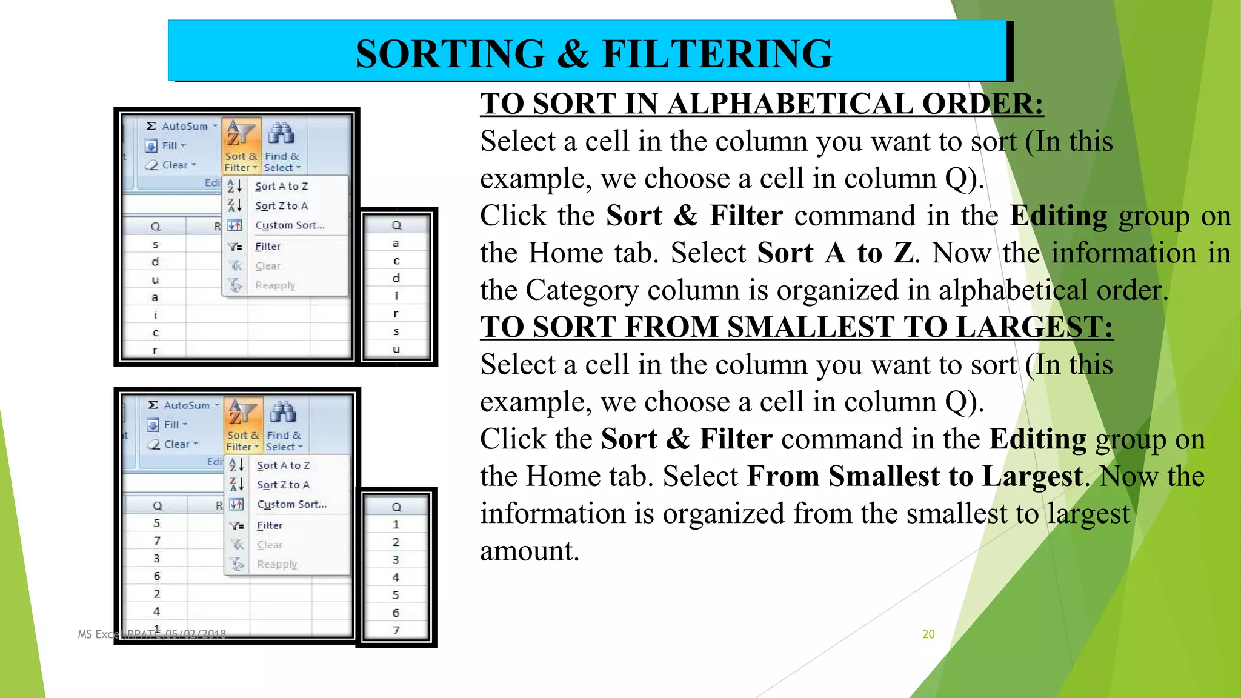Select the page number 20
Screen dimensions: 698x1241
(928, 634)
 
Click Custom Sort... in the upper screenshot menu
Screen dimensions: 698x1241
(290, 225)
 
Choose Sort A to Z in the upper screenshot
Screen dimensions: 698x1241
(281, 187)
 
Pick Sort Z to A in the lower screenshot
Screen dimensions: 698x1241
(283, 485)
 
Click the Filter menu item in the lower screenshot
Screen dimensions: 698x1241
(270, 525)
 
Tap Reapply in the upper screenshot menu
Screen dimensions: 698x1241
(275, 285)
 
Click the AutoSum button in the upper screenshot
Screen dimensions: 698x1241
(181, 126)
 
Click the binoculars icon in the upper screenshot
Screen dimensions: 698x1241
(281, 133)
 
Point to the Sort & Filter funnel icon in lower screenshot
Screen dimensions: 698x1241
(242, 413)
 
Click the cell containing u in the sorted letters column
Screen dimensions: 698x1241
(396, 349)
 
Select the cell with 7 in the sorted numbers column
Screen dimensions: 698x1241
(396, 630)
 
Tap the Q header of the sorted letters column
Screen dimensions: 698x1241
(396, 225)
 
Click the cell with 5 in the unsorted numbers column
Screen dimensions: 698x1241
(156, 523)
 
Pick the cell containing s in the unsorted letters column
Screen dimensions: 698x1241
(155, 245)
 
